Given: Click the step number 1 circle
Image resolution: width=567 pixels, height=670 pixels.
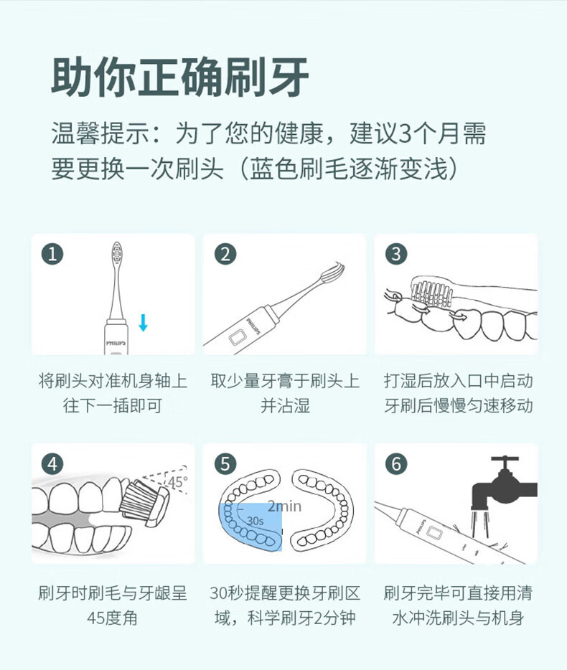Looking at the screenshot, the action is point(52,254).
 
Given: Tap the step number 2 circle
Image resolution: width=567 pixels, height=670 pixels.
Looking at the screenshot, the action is point(225,254).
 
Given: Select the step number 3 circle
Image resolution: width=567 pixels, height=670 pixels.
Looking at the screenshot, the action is point(396,254).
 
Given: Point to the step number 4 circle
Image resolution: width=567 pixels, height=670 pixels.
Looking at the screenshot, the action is point(52,464).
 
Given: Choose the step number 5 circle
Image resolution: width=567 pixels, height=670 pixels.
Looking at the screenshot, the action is point(225,464).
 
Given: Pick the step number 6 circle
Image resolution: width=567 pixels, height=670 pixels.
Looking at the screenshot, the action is point(396,464).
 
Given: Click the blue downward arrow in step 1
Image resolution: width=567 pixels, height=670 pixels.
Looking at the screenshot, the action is point(144,323).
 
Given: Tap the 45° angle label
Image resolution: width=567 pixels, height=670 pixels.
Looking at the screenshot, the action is point(177,482).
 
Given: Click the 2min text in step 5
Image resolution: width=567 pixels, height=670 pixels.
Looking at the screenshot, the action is point(284,506).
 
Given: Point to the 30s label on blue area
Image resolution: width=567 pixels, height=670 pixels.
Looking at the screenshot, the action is point(256,521).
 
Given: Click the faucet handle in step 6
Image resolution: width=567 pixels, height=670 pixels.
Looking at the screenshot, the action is point(505,459).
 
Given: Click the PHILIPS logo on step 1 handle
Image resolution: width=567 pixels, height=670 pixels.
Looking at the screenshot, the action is point(116,343).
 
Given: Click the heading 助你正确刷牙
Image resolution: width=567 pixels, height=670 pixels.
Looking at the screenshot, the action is point(180,77).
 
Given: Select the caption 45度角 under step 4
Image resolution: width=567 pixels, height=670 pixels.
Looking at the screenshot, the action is point(113,618).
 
